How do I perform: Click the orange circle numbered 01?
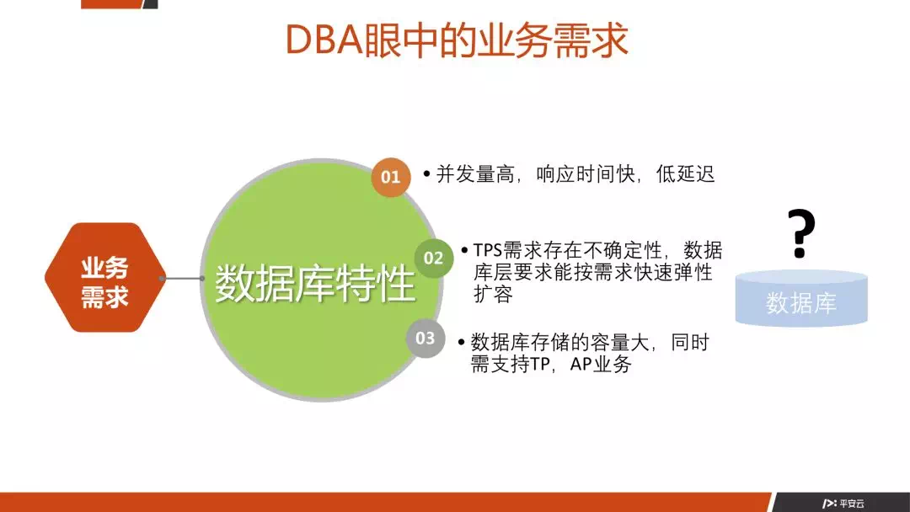click(391, 177)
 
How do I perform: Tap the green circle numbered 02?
click(434, 258)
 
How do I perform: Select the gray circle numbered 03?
click(426, 338)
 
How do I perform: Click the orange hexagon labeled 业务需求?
click(105, 278)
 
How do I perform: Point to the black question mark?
click(801, 233)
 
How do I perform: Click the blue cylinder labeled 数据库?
click(801, 298)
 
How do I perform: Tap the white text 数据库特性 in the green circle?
click(315, 284)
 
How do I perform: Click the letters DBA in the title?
click(324, 40)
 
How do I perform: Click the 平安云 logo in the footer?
click(843, 504)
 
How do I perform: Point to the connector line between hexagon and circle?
click(182, 279)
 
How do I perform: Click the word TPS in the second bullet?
click(488, 250)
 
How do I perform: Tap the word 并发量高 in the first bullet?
click(475, 174)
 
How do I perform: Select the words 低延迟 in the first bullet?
click(685, 174)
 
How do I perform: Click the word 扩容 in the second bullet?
click(493, 294)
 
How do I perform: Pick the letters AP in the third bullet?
click(581, 364)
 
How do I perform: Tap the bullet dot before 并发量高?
click(426, 173)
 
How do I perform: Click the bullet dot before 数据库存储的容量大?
click(462, 342)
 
